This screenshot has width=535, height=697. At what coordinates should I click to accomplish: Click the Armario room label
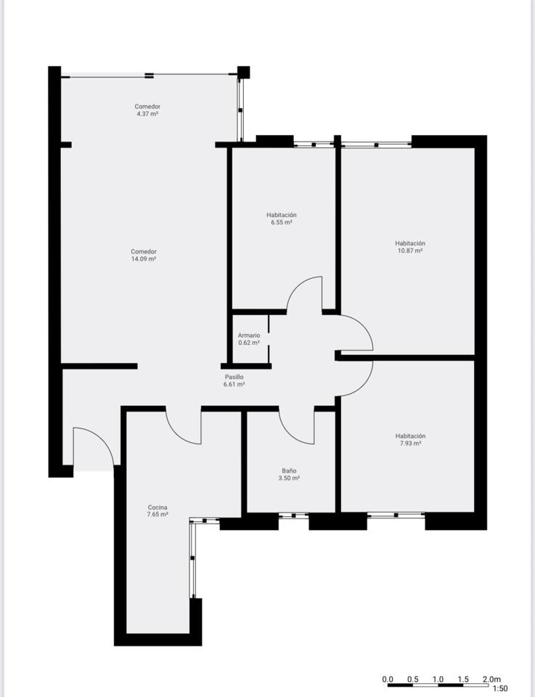tap(249, 335)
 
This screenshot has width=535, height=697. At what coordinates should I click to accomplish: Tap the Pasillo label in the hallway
tap(234, 377)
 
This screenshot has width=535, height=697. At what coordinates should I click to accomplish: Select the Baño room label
tap(289, 470)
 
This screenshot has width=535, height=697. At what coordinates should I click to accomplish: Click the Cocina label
tap(158, 508)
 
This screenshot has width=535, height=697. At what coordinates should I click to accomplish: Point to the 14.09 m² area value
tap(144, 258)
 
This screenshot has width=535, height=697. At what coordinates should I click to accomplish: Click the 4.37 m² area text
tap(147, 114)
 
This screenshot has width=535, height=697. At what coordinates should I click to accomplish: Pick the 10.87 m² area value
tap(410, 250)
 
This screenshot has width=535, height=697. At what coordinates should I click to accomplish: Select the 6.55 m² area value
tap(282, 222)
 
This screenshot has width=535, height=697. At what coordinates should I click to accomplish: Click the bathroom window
tap(294, 515)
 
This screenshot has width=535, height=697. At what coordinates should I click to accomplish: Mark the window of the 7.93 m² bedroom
tap(396, 515)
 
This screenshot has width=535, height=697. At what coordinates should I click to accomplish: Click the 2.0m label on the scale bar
tap(491, 680)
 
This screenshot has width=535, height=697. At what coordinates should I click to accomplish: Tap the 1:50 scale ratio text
tap(500, 689)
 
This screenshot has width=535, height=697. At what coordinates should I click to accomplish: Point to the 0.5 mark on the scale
tap(413, 680)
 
